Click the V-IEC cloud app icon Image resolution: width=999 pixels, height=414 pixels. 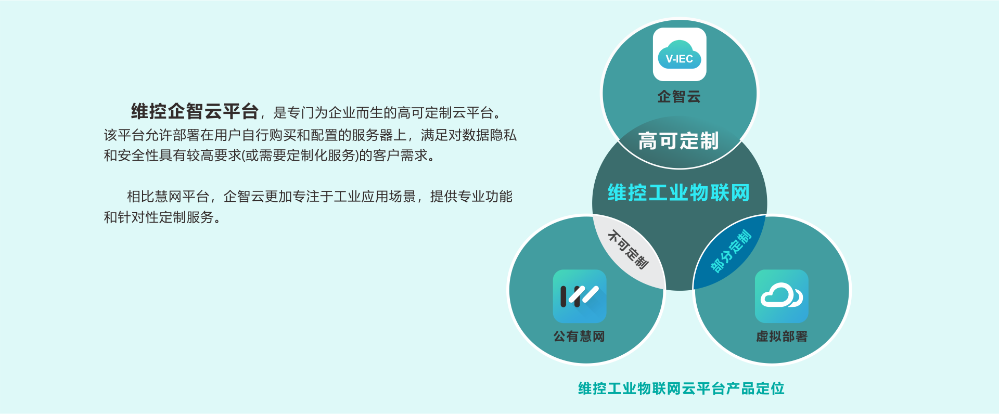point(680,55)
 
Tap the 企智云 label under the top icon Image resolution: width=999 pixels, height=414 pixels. point(679,97)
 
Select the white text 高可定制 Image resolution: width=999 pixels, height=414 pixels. point(678,141)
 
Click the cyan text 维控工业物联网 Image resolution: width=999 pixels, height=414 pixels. point(678,192)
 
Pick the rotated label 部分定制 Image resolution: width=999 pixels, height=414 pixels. point(731,251)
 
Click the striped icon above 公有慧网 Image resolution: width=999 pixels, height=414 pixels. point(580,296)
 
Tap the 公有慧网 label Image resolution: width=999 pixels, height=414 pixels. point(579,337)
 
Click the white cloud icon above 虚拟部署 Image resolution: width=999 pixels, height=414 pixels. point(782,296)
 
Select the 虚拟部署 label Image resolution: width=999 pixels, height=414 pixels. point(782,337)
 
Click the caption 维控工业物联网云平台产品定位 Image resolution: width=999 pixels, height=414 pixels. point(681,389)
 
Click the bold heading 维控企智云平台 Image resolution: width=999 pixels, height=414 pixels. point(195,111)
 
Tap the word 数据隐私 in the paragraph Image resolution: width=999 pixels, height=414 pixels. point(490,135)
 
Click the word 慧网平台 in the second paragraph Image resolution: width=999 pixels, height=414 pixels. point(182,197)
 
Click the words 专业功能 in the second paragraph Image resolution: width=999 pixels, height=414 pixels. point(485,197)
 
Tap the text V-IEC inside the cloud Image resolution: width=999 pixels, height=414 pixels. point(680,59)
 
